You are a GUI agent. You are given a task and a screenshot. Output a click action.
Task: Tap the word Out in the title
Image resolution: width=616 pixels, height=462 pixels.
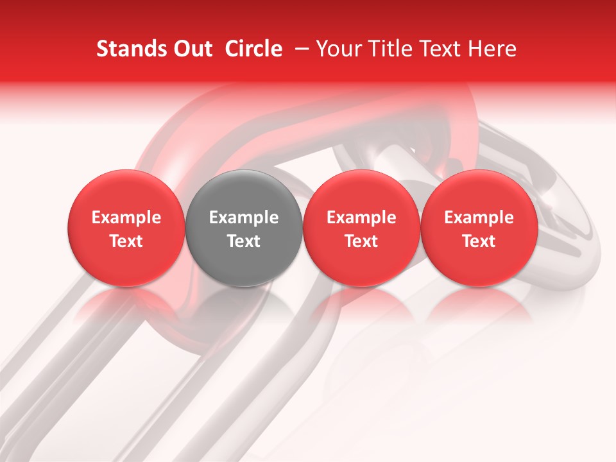pos(191,49)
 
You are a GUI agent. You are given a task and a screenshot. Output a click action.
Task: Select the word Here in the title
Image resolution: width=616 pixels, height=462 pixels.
pos(494,49)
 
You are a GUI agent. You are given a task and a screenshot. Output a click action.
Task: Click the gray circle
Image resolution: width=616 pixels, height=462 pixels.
pos(244,228)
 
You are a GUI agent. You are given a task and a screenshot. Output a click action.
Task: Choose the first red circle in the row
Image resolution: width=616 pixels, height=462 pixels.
pos(126,228)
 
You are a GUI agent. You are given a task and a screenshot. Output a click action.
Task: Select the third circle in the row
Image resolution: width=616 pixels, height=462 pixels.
pos(361,228)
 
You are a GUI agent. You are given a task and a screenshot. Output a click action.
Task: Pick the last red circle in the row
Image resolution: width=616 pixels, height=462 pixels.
pos(479,228)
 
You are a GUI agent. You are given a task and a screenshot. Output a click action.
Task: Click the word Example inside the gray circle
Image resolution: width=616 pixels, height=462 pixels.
pos(244,218)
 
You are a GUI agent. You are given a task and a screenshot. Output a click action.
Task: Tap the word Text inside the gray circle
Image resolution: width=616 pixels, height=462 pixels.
pos(244,241)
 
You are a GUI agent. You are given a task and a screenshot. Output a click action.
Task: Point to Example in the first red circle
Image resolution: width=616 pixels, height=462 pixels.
pos(126,218)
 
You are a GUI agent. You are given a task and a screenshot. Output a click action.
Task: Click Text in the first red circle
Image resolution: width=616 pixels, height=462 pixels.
pos(126,241)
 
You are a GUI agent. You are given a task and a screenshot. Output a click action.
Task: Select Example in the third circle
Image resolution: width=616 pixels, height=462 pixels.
pos(361,218)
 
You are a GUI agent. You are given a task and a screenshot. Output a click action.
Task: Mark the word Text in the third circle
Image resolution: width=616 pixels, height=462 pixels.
pos(361,241)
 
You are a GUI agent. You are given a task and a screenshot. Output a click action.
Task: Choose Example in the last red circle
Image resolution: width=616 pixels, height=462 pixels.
pos(479,218)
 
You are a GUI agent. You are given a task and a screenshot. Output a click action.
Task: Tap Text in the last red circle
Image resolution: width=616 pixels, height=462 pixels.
pos(479,241)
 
